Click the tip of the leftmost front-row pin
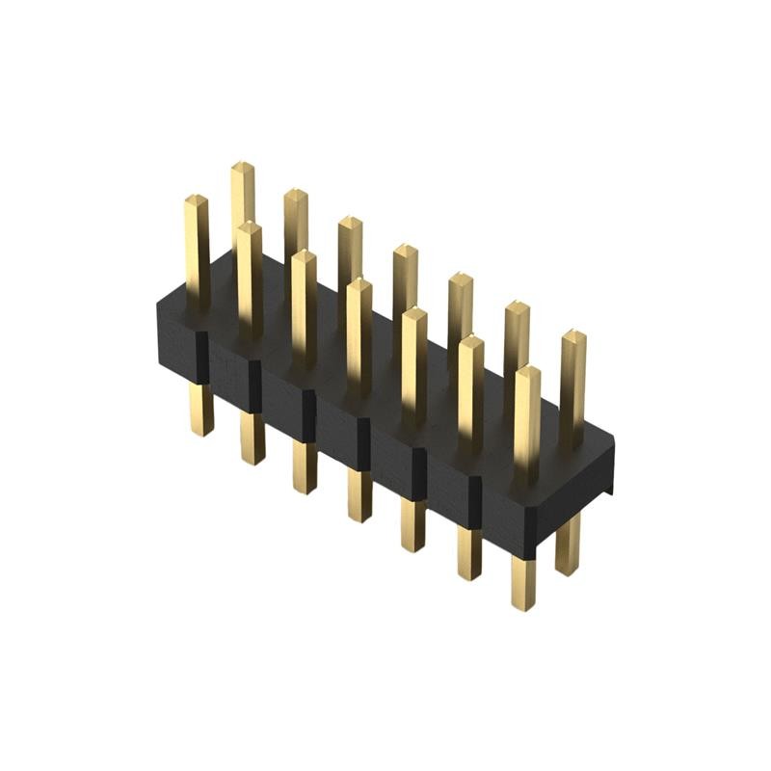pos(197,200)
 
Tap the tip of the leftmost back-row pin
pos(242,168)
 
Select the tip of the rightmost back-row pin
pos(572,336)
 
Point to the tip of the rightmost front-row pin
pos(526,372)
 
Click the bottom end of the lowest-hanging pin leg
pos(523,605)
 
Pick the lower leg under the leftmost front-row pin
pos(200,409)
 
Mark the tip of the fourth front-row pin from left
pos(359,284)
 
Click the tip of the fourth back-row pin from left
pos(405,252)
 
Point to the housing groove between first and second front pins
pos(202,359)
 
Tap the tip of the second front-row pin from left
pos(249,228)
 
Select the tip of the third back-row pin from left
pos(350,224)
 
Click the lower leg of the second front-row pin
pos(253,439)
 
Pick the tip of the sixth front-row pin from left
pos(470,341)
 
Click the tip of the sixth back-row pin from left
pos(517,308)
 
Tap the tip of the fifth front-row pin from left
pos(414,313)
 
